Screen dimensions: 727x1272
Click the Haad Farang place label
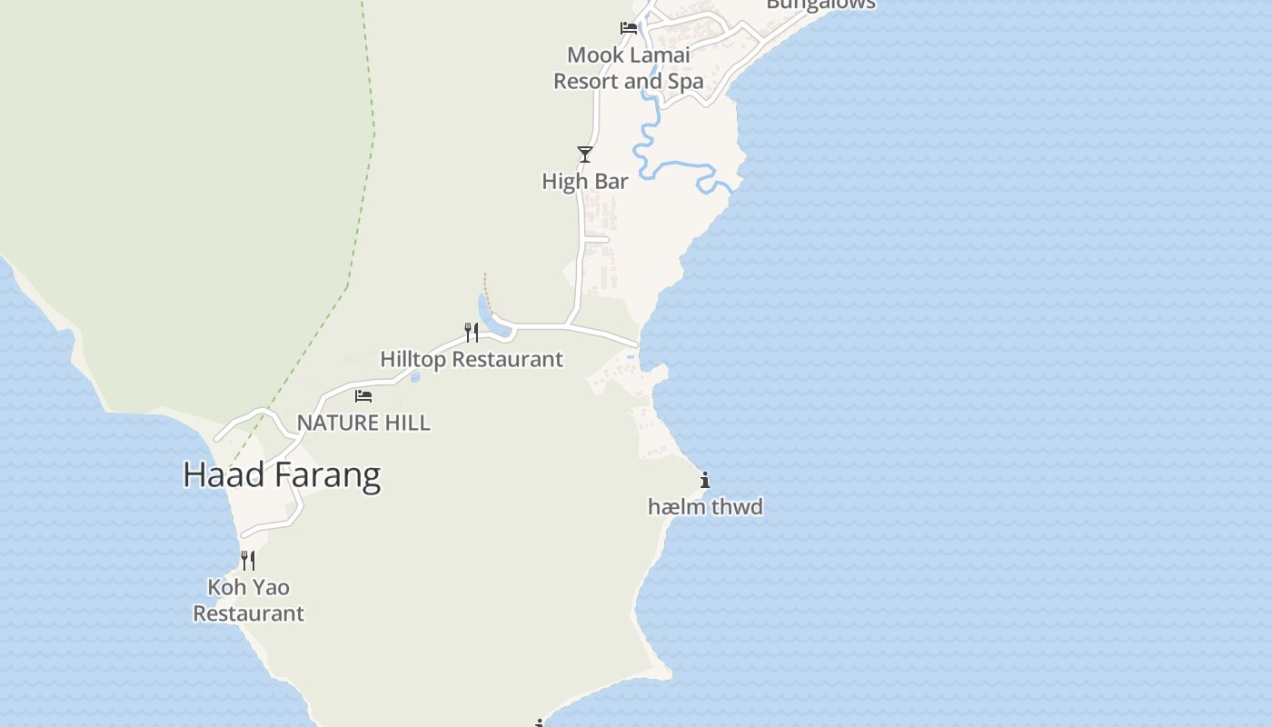282,475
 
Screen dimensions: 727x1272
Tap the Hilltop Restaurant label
472,359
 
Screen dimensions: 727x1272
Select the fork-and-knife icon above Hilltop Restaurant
472,332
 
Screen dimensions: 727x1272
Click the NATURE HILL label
363,423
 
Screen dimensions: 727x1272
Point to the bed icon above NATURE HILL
363,395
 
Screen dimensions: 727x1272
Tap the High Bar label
585,182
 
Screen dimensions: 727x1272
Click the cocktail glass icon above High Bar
585,154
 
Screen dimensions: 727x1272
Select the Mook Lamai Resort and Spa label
629,68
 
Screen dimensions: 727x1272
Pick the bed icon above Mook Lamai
628,27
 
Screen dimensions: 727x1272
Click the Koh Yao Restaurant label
248,600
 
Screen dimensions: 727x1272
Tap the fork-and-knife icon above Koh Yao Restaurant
247,560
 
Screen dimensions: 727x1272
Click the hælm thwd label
705,507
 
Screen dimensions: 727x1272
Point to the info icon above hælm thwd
705,480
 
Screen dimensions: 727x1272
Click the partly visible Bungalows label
820,5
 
